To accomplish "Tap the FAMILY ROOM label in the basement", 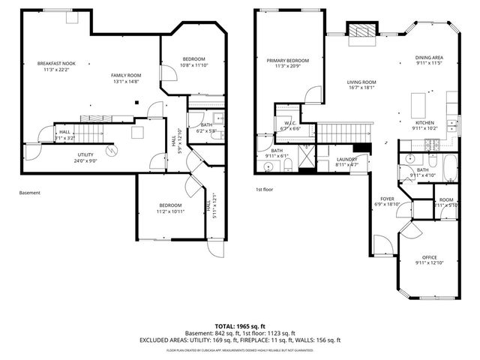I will [126, 75].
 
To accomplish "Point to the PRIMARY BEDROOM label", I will [287, 60].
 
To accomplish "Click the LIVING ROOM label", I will [361, 82].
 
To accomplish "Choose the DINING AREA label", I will [429, 58].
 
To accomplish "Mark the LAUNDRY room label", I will [346, 159].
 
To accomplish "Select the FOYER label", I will [387, 199].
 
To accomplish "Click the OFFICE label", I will [430, 257].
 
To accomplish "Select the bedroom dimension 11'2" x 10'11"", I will [169, 211].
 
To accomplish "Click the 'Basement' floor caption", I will [30, 193].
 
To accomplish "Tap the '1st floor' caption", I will [264, 190].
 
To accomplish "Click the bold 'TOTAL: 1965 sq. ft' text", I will [239, 326].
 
